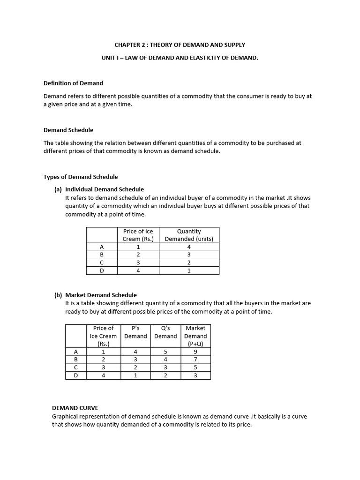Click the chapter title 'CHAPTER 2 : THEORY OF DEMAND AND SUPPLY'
[180, 45]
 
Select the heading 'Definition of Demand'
[73, 83]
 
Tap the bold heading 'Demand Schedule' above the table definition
[68, 130]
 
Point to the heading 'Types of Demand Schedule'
[81, 177]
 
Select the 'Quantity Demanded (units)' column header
[189, 235]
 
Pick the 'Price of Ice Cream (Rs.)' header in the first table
[138, 235]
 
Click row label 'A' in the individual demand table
[102, 247]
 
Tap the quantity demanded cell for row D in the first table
[189, 270]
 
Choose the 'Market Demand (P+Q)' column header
[195, 336]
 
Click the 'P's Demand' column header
[135, 332]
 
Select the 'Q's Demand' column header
[165, 332]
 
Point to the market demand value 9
[195, 351]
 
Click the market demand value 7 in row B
[195, 359]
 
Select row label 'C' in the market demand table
[76, 367]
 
